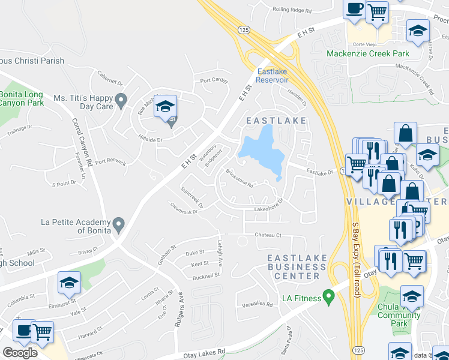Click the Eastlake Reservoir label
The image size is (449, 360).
tap(272, 76)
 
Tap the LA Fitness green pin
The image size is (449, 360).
tap(328, 296)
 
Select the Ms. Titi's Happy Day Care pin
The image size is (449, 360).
tap(121, 101)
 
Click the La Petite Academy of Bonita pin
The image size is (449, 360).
tap(118, 225)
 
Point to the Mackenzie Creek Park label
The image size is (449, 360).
tap(367, 54)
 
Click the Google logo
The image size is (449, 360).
tap(20, 353)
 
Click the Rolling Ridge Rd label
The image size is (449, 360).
tap(292, 10)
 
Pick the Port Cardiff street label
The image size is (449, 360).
tap(214, 80)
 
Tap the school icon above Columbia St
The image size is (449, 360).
tap(69, 283)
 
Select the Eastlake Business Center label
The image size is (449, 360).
tap(297, 267)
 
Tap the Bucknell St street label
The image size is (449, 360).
tap(206, 277)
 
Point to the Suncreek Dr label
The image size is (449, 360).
tap(193, 197)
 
